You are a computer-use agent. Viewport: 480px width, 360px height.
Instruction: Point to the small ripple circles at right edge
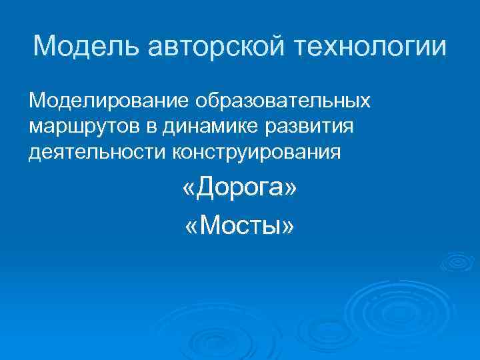coord(459,260)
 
